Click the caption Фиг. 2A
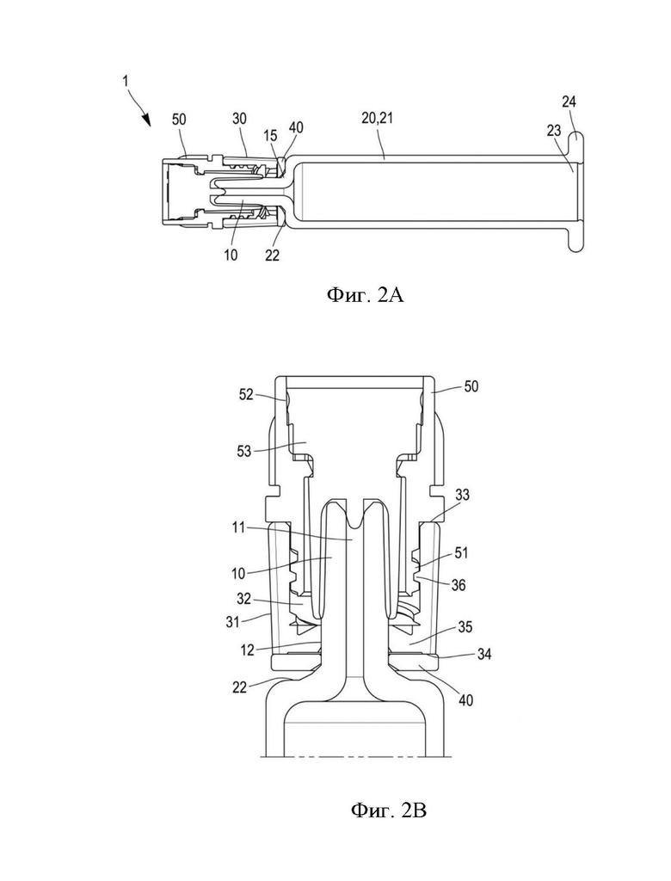[365, 294]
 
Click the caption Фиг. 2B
[388, 810]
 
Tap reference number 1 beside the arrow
[126, 82]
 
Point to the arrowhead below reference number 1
[147, 119]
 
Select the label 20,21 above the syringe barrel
[378, 118]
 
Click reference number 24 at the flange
[569, 102]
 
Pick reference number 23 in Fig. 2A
[553, 131]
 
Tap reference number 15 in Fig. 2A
[270, 135]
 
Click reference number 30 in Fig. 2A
[239, 119]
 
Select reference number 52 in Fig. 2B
[246, 394]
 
